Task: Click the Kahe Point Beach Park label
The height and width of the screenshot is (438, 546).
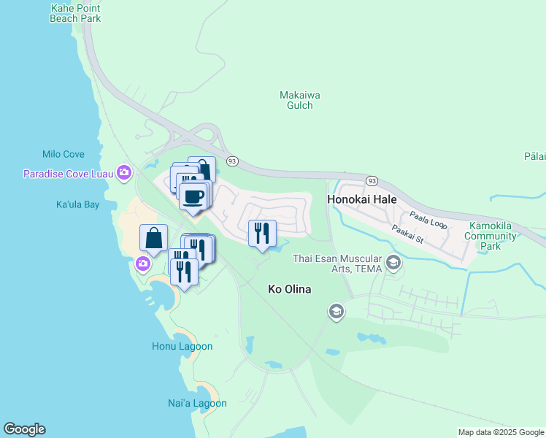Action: click(75, 13)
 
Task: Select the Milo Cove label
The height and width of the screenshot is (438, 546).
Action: click(64, 155)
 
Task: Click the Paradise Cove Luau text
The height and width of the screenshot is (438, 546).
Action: click(68, 174)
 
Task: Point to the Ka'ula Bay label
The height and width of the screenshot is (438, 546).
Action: click(77, 204)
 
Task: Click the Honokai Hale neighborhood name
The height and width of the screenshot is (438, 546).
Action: click(363, 199)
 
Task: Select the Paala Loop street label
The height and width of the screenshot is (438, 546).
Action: click(427, 219)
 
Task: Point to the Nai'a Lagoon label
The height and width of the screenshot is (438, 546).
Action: click(197, 403)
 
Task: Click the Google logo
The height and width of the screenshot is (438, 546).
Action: click(24, 429)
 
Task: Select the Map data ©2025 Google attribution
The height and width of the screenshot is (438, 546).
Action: click(501, 432)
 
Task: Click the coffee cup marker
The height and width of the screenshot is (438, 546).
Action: click(193, 196)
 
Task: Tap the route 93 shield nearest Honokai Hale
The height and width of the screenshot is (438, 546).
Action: click(372, 180)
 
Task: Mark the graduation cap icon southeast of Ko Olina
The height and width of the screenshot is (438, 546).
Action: click(336, 312)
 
